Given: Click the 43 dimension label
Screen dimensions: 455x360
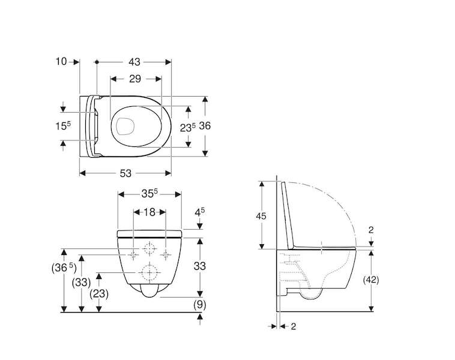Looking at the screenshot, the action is [x=134, y=62].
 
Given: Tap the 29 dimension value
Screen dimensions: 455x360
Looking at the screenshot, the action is [x=135, y=79].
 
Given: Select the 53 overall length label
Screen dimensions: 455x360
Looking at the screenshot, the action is [x=125, y=173].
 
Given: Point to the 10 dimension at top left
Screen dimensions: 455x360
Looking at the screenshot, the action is [x=61, y=61].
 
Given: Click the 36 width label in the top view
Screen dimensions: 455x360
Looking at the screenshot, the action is [x=205, y=126].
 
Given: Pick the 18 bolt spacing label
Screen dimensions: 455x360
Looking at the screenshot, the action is [x=149, y=212].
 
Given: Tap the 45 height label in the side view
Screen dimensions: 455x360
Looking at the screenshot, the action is [x=261, y=216].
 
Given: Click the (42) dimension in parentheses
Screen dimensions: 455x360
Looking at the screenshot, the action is [x=371, y=280].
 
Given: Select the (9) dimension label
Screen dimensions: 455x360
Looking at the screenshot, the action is [x=200, y=305].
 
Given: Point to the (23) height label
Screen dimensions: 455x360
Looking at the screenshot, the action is [x=99, y=294].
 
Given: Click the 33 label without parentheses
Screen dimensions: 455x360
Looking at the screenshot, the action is [x=200, y=266].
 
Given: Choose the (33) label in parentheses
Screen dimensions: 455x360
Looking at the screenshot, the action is [x=81, y=282].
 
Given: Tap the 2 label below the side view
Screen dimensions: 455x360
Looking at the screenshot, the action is [x=294, y=326].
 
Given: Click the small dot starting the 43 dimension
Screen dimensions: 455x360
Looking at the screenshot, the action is [x=97, y=62].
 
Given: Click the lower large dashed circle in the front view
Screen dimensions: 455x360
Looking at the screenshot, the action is [x=149, y=272].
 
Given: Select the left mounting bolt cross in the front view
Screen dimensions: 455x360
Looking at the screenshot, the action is [x=133, y=254].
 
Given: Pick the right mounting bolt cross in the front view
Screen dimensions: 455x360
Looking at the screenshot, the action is [x=166, y=254].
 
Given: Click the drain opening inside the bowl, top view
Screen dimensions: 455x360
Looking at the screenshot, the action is [x=125, y=127].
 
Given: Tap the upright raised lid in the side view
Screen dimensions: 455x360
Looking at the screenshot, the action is [x=289, y=215].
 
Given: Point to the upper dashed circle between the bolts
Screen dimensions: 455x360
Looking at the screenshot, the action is [x=149, y=248].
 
